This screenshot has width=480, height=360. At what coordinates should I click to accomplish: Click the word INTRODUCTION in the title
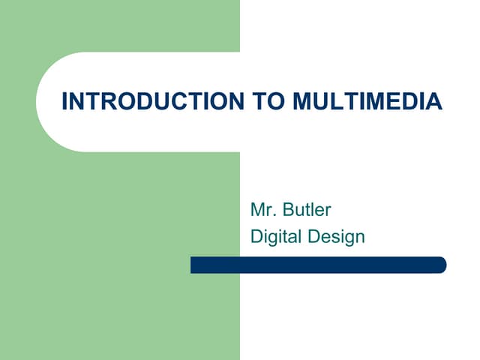(152, 102)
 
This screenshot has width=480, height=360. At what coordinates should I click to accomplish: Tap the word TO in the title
(262, 102)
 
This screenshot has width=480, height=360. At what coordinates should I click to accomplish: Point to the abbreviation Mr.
(262, 209)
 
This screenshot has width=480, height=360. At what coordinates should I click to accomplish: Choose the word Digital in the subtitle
(276, 238)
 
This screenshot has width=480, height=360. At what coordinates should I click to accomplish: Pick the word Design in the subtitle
(337, 238)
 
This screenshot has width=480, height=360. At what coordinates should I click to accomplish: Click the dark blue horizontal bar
(318, 265)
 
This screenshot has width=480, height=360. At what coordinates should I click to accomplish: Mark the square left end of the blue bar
(194, 265)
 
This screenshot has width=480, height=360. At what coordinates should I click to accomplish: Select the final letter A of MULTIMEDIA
(435, 102)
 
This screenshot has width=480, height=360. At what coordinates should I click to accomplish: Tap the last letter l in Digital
(301, 237)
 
